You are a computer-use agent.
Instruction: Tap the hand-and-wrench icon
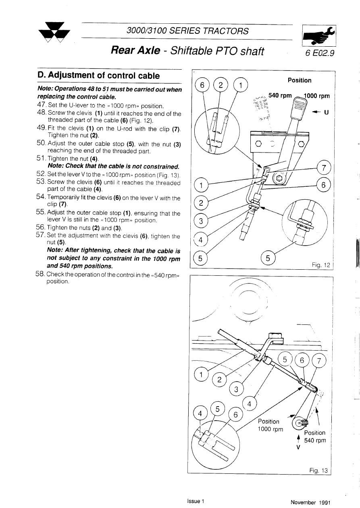(x=319, y=36)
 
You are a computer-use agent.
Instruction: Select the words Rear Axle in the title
(x=133, y=51)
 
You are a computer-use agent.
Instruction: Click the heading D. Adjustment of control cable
(x=98, y=76)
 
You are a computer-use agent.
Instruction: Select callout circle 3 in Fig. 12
(x=200, y=221)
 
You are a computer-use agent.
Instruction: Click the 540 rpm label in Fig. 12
(x=280, y=96)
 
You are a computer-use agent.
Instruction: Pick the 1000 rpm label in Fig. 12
(x=316, y=96)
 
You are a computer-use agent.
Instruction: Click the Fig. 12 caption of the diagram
(x=320, y=265)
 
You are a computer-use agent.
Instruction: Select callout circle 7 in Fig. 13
(x=319, y=361)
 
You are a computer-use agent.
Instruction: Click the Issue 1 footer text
(x=196, y=501)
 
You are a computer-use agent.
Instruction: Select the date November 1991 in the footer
(x=310, y=502)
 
